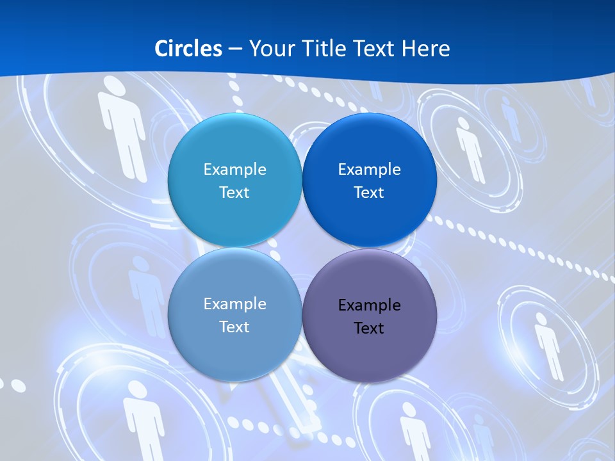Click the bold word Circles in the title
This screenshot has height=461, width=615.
coord(188,49)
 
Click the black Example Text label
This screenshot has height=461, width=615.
coord(369,316)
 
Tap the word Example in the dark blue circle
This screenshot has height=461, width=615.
coord(369,170)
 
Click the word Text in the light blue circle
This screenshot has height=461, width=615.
coord(234,193)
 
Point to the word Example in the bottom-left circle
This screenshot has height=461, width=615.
coord(234,304)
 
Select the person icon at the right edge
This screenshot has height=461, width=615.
coord(548,346)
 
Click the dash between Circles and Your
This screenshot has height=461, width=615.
coord(235,49)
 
